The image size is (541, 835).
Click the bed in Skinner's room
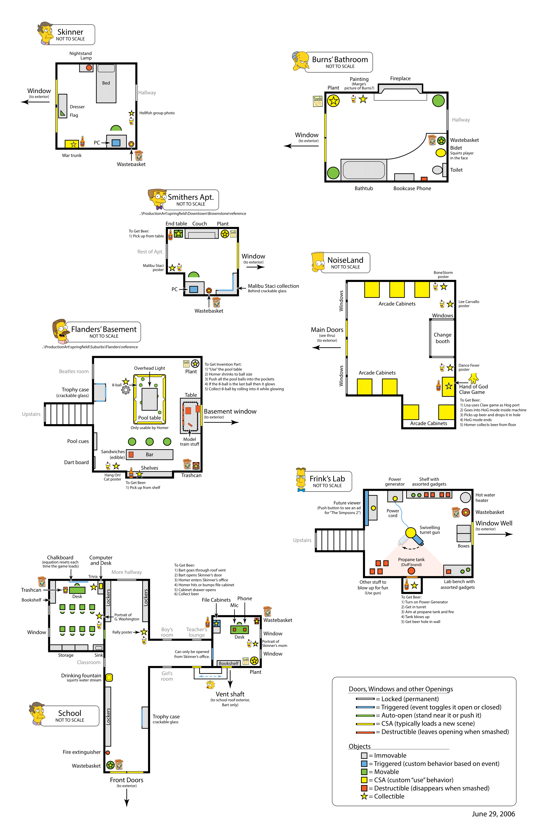click(x=106, y=83)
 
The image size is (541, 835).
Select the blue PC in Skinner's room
click(x=116, y=143)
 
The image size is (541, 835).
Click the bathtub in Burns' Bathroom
click(x=364, y=170)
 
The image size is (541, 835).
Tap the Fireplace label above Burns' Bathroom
click(x=400, y=79)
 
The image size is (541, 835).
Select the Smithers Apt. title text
click(x=191, y=197)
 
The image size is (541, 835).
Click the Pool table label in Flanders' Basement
click(x=150, y=418)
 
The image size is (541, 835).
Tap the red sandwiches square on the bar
click(x=131, y=455)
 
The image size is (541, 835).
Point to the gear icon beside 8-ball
click(x=125, y=390)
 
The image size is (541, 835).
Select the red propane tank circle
click(x=411, y=571)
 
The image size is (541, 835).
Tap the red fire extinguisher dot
click(x=108, y=752)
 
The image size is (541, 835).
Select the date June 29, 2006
click(x=493, y=814)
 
